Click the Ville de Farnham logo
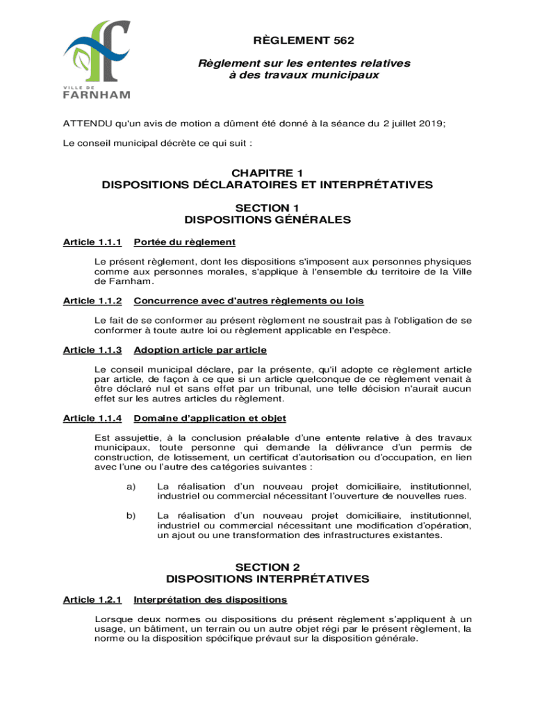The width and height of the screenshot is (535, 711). pyautogui.click(x=97, y=60)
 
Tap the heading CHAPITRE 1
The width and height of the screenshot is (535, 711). pyautogui.click(x=267, y=173)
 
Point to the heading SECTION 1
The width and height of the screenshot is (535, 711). pyautogui.click(x=267, y=208)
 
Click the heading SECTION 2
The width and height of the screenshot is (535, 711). pyautogui.click(x=267, y=567)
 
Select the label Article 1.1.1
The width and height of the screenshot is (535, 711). pyautogui.click(x=92, y=242)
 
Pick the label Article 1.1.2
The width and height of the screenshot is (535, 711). pyautogui.click(x=92, y=301)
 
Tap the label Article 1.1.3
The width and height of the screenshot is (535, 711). pyautogui.click(x=92, y=350)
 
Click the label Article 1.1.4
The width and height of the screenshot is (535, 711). pyautogui.click(x=92, y=418)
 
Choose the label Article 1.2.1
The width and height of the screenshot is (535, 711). pyautogui.click(x=92, y=599)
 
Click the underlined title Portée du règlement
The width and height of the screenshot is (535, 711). pyautogui.click(x=184, y=242)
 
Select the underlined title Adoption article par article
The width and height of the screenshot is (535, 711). pyautogui.click(x=200, y=350)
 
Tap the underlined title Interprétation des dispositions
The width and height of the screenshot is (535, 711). pyautogui.click(x=210, y=599)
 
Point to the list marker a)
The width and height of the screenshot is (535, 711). pyautogui.click(x=131, y=487)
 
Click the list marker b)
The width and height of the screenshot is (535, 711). pyautogui.click(x=131, y=516)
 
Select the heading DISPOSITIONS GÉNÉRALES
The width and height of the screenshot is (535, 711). pyautogui.click(x=267, y=220)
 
